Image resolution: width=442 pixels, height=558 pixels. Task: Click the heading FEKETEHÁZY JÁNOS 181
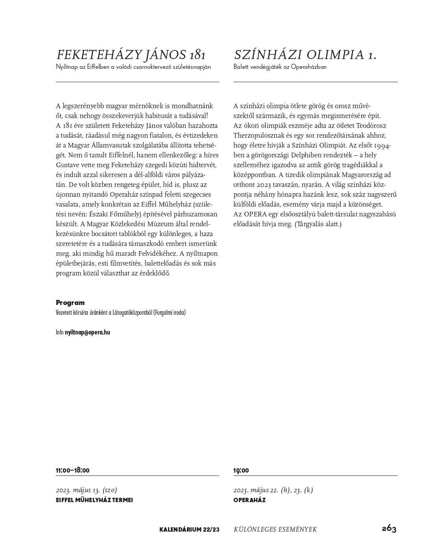click(x=131, y=55)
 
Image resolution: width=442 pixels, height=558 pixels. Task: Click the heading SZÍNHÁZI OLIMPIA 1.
click(x=305, y=55)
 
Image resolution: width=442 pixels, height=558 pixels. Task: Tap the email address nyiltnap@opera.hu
click(x=87, y=332)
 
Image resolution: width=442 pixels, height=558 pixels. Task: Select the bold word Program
click(x=70, y=303)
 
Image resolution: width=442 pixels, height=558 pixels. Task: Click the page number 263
click(x=389, y=528)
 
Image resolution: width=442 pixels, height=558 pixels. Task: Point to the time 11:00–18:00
click(x=73, y=470)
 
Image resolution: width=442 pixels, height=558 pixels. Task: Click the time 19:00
click(x=241, y=471)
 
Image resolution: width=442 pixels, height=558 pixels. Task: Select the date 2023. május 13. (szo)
click(x=87, y=490)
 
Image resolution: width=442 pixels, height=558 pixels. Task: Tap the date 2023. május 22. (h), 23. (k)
click(x=273, y=490)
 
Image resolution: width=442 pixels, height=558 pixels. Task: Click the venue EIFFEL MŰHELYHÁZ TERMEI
click(x=94, y=500)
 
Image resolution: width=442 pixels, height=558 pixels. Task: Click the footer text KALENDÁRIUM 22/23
click(x=189, y=530)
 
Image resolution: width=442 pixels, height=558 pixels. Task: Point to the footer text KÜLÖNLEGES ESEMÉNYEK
click(x=275, y=530)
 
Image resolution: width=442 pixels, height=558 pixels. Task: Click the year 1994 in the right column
click(x=382, y=145)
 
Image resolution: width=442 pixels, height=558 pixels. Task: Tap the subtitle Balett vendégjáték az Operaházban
click(x=280, y=67)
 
